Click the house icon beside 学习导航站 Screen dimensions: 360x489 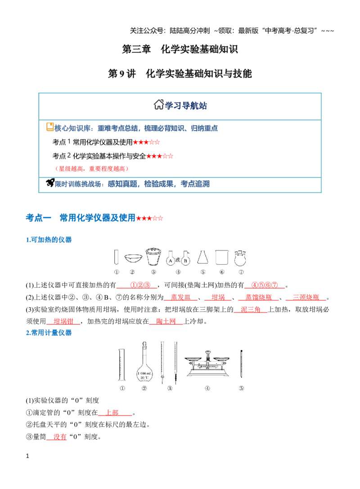[x=159, y=104]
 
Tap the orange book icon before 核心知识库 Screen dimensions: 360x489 [x=50, y=127]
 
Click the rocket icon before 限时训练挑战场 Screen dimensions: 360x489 [x=50, y=183]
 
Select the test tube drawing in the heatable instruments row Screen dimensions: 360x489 [x=116, y=258]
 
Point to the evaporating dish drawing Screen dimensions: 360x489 [x=133, y=258]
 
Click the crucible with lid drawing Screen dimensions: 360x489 [x=153, y=256]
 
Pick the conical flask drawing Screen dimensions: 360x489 [x=203, y=258]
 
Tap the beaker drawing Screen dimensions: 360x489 [x=222, y=258]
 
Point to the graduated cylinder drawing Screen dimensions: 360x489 [x=122, y=365]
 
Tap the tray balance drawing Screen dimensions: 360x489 [x=207, y=364]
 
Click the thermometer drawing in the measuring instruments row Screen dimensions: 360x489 [x=241, y=364]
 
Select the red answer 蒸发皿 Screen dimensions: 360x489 [x=180, y=297]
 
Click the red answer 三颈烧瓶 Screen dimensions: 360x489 [x=306, y=297]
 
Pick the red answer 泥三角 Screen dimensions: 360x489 [x=251, y=309]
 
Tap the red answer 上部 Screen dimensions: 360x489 [x=112, y=412]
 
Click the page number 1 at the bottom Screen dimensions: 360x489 [x=27, y=456]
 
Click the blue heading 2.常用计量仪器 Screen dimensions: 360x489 [x=49, y=333]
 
